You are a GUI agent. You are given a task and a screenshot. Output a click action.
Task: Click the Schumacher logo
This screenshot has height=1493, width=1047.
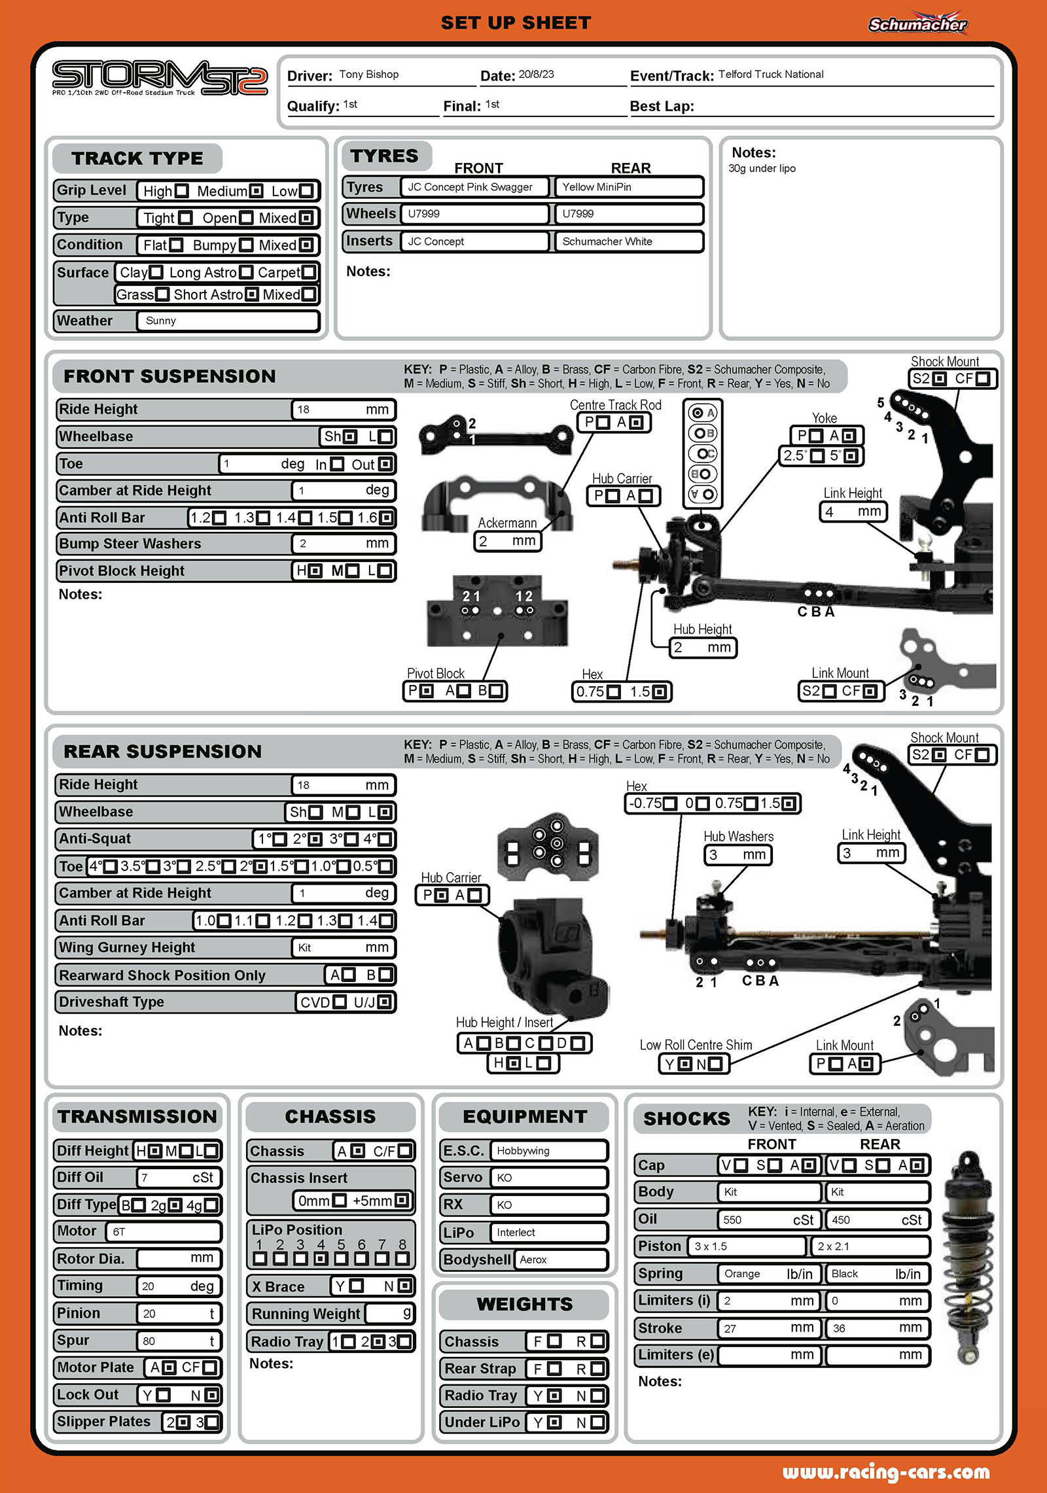point(917,23)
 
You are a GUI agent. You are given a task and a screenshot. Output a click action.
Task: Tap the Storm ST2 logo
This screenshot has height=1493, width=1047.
point(160,79)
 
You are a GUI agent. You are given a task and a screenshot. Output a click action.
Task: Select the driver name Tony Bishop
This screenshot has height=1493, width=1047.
point(369,75)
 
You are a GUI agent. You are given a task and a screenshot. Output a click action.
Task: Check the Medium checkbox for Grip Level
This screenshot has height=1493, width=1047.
point(257,191)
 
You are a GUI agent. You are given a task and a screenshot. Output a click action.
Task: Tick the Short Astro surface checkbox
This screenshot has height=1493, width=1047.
point(251,295)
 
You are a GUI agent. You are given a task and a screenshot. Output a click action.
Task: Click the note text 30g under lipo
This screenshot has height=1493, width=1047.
point(762,169)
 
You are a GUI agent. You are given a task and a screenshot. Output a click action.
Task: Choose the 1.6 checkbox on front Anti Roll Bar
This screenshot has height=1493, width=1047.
point(386,518)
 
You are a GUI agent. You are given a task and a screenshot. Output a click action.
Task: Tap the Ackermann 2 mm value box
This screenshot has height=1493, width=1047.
point(508,541)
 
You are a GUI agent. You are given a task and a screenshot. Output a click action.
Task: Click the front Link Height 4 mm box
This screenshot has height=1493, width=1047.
point(853,512)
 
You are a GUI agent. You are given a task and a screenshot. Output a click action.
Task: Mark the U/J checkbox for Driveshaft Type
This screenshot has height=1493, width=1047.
point(384,1002)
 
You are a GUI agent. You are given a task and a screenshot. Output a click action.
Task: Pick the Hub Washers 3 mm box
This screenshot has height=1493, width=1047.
point(737,854)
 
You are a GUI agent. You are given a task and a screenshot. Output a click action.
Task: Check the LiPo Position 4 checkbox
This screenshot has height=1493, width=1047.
point(321,1258)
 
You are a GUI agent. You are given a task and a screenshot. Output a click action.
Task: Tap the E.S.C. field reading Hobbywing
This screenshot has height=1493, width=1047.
point(549,1151)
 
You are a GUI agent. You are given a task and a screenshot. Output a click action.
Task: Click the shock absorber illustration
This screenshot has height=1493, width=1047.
point(967,1259)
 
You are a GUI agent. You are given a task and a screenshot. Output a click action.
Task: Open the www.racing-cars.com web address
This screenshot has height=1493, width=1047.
point(886,1472)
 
